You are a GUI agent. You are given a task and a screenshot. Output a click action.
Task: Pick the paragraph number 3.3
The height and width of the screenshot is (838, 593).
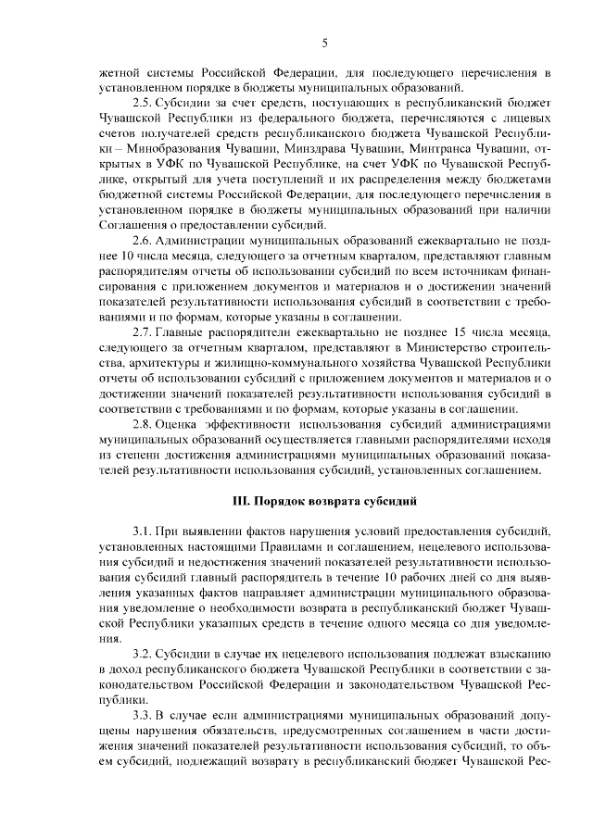144,716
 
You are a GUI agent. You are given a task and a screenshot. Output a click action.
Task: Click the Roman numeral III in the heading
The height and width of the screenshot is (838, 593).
239,500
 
